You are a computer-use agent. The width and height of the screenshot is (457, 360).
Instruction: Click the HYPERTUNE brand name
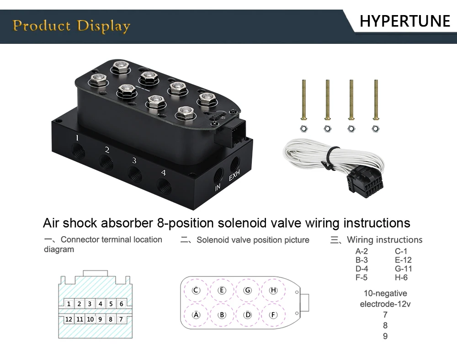405,21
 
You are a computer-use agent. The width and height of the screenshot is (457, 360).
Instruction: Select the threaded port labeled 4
164,185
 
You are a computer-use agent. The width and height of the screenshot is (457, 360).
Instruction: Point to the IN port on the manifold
218,175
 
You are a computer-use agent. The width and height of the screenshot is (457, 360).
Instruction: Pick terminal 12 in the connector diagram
69,319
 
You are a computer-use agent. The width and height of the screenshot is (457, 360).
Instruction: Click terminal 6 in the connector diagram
121,304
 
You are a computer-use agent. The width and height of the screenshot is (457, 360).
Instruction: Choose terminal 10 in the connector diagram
90,319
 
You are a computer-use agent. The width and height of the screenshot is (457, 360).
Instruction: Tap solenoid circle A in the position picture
197,315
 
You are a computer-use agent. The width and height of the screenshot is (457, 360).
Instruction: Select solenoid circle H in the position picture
273,291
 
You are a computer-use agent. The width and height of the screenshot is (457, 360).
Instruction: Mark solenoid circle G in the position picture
248,291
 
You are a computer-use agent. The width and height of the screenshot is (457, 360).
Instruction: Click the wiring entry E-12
403,260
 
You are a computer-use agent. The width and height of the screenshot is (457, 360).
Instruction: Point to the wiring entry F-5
361,277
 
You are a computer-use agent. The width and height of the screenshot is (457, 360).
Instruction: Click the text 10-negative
385,293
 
